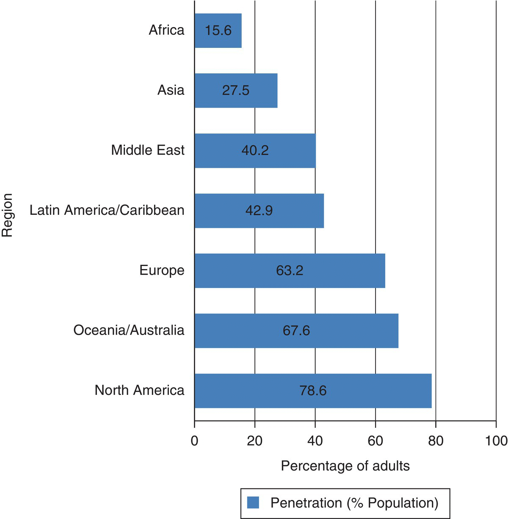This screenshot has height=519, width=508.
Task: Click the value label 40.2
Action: (255, 151)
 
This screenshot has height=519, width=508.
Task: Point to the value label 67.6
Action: (296, 330)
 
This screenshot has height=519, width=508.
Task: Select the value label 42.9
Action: (259, 211)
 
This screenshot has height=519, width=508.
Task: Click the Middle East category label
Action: (148, 150)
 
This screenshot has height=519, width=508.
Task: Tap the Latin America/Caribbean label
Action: (107, 210)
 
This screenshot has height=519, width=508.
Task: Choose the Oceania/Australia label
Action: (129, 330)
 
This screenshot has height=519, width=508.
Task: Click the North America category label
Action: (139, 390)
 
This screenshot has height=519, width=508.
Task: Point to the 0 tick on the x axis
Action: (194, 441)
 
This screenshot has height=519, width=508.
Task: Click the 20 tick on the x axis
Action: (255, 441)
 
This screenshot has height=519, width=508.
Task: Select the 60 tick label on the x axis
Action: (375, 441)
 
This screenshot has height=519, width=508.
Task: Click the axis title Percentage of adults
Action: (345, 466)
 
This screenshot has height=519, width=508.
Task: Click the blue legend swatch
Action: (253, 503)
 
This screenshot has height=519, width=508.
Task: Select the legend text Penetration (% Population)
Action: (354, 503)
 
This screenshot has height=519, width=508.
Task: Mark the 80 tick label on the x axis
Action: (436, 441)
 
